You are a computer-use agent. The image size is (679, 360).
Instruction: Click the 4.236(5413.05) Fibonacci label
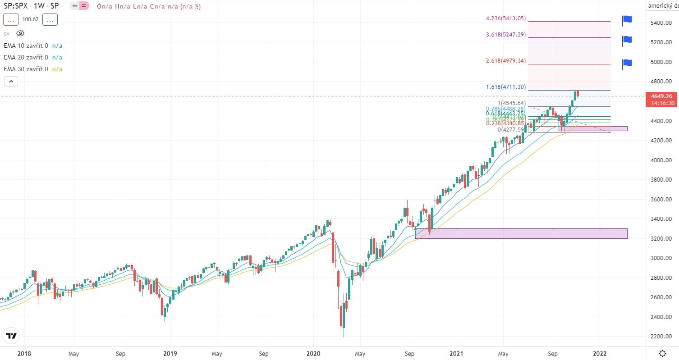coord(506,18)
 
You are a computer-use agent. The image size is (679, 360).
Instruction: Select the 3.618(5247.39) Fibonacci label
coord(506,35)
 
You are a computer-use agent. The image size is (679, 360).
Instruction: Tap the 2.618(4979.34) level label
coord(506,61)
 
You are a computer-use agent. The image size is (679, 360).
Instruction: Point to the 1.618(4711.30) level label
coord(506,87)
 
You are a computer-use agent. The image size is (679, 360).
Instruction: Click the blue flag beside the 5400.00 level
coord(627,20)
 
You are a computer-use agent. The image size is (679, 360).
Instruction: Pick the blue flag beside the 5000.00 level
coord(627,64)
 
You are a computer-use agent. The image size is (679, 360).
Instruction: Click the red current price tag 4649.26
coord(662,96)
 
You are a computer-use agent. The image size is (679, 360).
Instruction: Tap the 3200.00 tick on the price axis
coord(661,238)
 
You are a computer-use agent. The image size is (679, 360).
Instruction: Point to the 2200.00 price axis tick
coord(661,337)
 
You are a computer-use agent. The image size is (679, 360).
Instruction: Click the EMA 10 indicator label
coord(26,46)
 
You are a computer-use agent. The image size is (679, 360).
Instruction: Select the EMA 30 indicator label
coord(26,69)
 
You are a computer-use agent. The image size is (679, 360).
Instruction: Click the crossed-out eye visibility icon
coord(20,33)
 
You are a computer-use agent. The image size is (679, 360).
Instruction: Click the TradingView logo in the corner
coord(12,336)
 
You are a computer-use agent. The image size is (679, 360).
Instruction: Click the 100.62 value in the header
coord(30,20)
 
